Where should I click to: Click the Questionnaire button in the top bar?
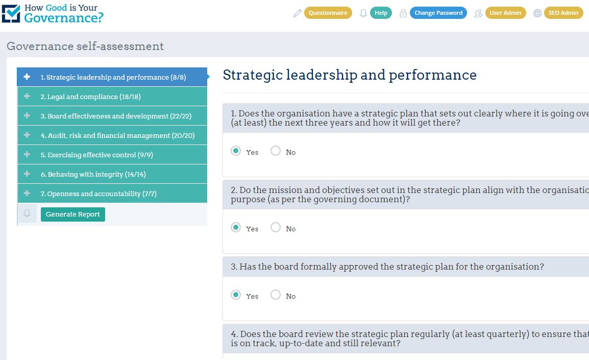328,13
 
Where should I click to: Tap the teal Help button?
381,13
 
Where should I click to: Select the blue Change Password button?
438,13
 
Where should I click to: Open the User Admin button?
505,13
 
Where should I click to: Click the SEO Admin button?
563,13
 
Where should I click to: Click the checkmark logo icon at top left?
11,13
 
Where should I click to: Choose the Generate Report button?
73,214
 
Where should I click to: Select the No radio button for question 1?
275,151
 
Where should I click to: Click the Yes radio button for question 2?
236,227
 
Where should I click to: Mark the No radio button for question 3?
275,295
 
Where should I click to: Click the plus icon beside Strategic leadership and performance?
27,77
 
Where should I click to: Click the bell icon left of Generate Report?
27,213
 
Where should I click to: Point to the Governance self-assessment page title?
85,46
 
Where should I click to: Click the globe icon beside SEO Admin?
537,13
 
